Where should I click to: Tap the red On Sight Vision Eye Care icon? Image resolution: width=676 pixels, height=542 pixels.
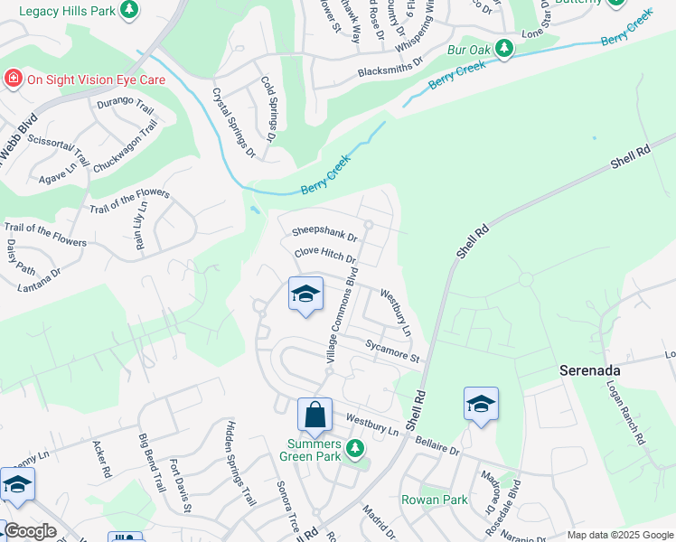pyautogui.click(x=14, y=79)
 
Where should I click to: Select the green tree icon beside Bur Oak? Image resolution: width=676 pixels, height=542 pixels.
pyautogui.click(x=503, y=49)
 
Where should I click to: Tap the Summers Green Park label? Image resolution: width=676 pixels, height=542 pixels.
pyautogui.click(x=315, y=450)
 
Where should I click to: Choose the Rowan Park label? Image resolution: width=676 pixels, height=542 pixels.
pyautogui.click(x=435, y=500)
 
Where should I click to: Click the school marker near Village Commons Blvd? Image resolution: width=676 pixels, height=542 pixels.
pyautogui.click(x=305, y=294)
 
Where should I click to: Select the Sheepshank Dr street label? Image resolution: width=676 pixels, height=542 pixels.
pyautogui.click(x=324, y=233)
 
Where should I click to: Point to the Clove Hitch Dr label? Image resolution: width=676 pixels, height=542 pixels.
pyautogui.click(x=325, y=257)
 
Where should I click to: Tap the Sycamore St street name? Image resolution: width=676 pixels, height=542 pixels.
pyautogui.click(x=393, y=350)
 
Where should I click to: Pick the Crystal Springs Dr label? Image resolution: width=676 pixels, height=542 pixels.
pyautogui.click(x=233, y=123)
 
